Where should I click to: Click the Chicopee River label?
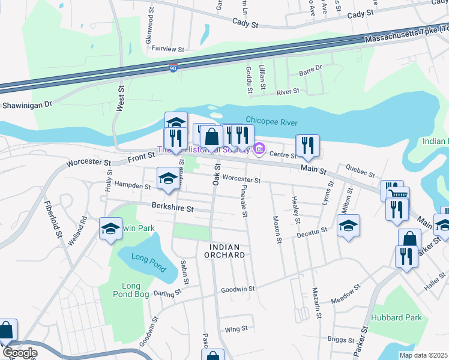tap(272, 122)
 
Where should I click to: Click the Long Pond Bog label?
tap(131, 289)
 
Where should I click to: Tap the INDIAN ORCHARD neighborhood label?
tap(228, 251)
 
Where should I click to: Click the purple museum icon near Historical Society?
tap(259, 148)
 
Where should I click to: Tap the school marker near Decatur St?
tap(348, 226)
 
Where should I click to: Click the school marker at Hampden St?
tap(168, 178)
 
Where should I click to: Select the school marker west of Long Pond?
tap(110, 229)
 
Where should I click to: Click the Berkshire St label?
tap(172, 209)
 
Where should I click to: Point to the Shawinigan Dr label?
tap(28, 104)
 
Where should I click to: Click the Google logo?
tap(20, 353)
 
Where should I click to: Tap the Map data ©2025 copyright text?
tap(424, 355)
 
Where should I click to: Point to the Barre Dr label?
tap(310, 71)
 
